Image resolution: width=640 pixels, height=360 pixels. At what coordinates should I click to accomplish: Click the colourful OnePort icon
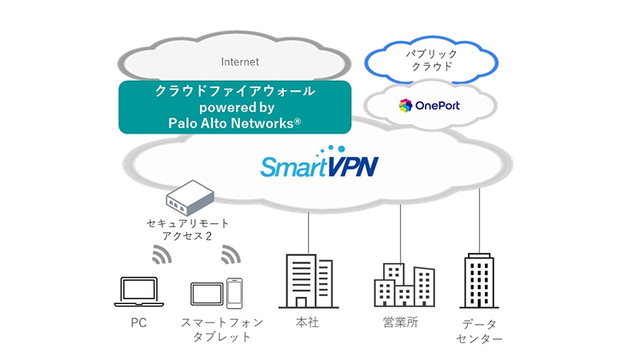[406, 106]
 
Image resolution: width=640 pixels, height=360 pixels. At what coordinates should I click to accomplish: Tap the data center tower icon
[481, 282]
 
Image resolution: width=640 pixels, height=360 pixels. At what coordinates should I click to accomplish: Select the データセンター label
[482, 331]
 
